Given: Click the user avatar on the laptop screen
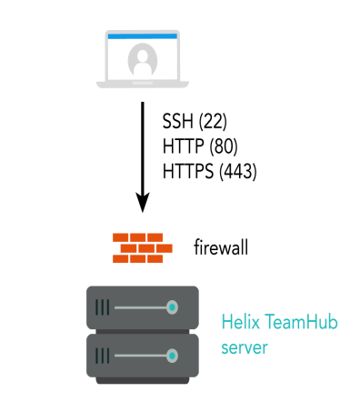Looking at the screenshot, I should point(142,60).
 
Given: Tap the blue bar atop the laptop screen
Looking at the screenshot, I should point(142,35).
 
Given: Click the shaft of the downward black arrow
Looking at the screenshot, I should point(142,146).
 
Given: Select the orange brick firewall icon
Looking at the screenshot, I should point(142,246).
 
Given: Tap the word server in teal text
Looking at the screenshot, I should point(245,347).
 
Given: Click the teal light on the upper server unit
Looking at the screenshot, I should point(172,308).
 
